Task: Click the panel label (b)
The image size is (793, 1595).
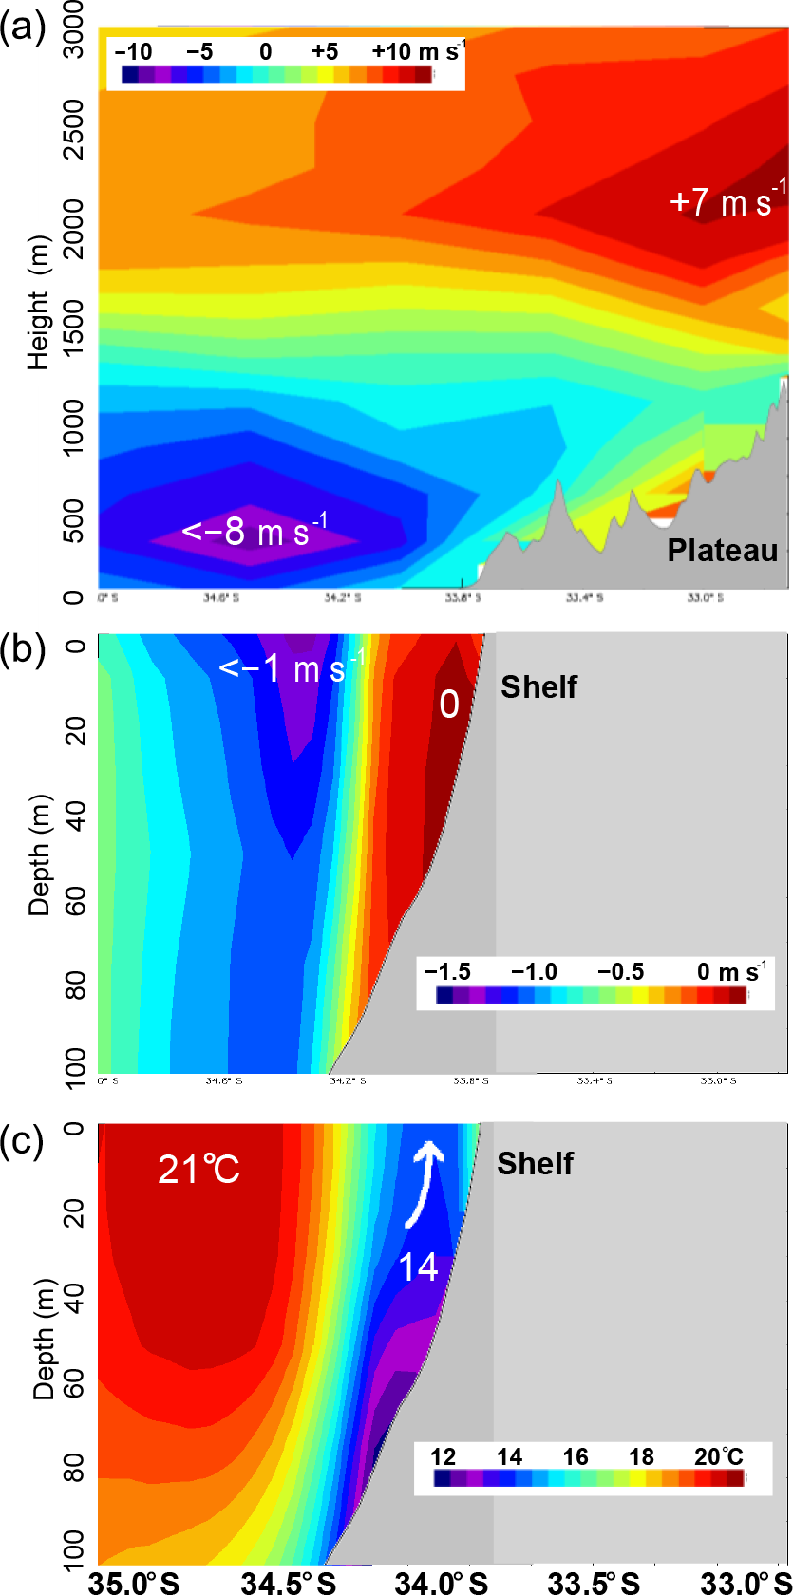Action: pos(22,650)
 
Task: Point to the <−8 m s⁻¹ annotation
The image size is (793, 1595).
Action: pos(255,530)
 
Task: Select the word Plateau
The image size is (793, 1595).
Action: pos(722,551)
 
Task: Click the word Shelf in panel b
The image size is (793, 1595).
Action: pos(538,686)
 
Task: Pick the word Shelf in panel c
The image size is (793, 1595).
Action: pos(535,1163)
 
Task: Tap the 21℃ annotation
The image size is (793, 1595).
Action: pos(198,1170)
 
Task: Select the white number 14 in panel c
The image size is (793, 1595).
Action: pos(417,1267)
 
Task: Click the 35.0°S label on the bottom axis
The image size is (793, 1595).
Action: pos(134,1581)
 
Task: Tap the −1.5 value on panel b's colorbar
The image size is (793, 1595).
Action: pos(447,972)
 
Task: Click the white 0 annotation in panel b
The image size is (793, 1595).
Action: pos(449,704)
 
